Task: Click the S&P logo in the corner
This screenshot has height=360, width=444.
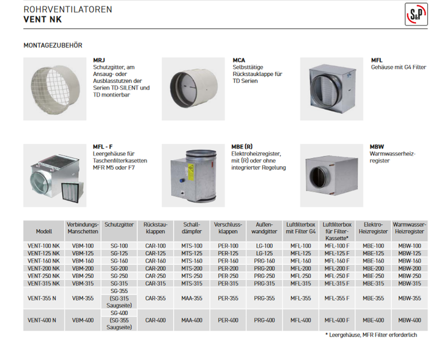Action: click(417, 14)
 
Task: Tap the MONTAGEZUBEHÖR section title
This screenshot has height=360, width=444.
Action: click(53, 46)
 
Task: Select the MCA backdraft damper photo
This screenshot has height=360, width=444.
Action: click(192, 88)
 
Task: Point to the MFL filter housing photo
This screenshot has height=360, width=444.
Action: click(332, 88)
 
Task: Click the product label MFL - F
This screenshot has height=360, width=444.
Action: click(102, 146)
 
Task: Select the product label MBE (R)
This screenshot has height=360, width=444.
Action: click(242, 146)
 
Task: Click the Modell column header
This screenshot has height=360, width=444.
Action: click(44, 231)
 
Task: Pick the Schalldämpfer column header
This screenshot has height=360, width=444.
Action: click(192, 227)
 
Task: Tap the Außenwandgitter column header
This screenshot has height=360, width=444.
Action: click(264, 227)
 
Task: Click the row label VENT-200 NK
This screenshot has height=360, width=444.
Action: click(44, 268)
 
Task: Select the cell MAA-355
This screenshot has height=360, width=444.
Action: click(192, 298)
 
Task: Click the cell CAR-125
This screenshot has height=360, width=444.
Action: click(155, 253)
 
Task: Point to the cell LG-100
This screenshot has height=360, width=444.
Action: click(264, 246)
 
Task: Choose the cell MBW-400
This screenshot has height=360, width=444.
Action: click(409, 320)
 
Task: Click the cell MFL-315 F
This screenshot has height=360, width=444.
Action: click(337, 283)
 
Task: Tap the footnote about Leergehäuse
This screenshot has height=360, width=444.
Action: click(371, 335)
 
